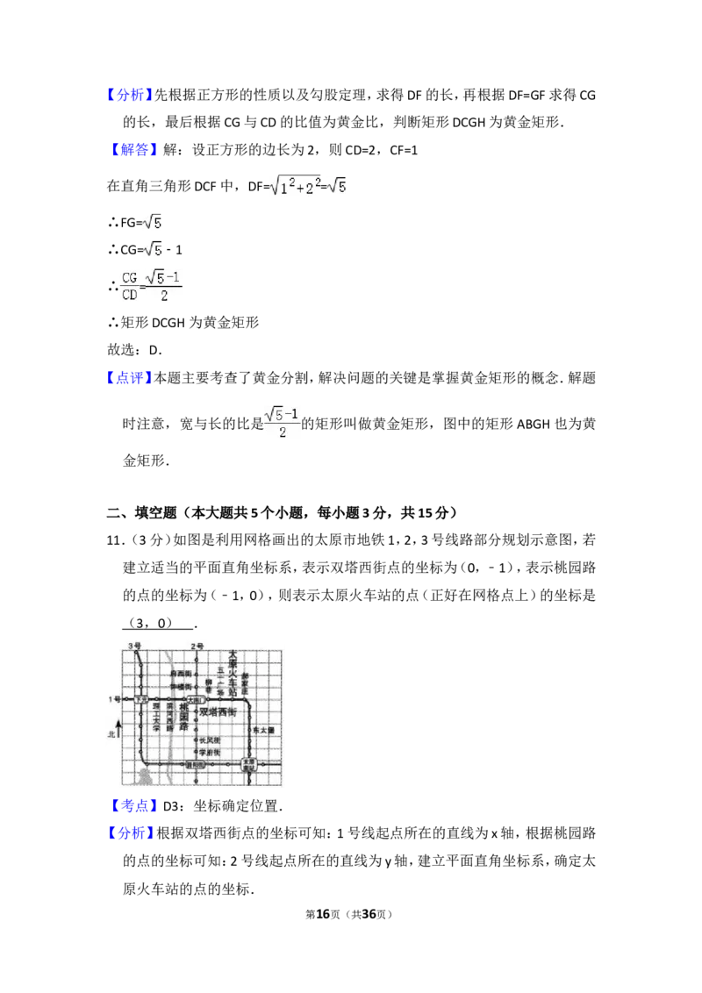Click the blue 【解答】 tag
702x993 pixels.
[x=136, y=151]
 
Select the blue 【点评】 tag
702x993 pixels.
[x=130, y=377]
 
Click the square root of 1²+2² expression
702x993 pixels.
[x=295, y=186]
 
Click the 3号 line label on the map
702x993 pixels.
[x=134, y=647]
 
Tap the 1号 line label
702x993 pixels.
[x=115, y=699]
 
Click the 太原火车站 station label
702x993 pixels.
[x=233, y=672]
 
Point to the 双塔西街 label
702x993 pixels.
[x=218, y=712]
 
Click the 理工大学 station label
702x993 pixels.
[x=156, y=717]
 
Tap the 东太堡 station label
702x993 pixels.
[x=263, y=730]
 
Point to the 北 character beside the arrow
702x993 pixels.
[x=111, y=734]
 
